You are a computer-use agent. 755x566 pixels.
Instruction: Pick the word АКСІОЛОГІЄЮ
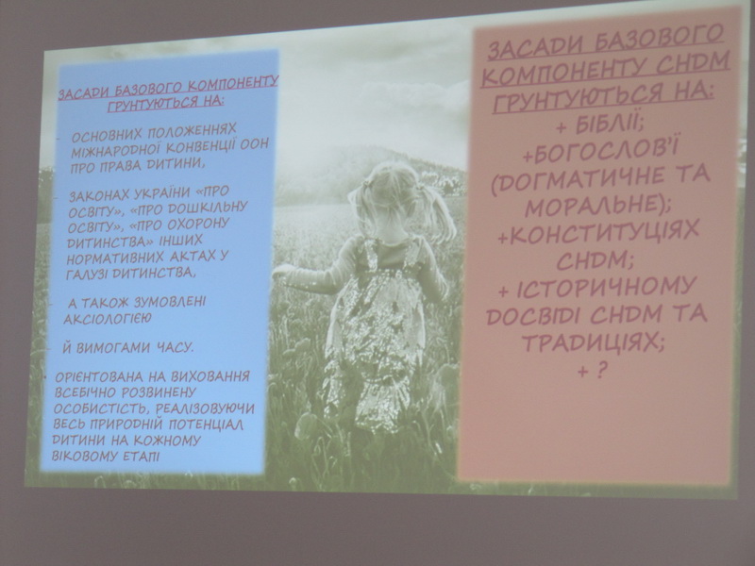(108, 318)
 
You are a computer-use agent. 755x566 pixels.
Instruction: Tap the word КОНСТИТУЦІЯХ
(604, 235)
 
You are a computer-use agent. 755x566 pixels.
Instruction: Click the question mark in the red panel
(601, 370)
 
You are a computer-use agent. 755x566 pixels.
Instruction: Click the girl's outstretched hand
(280, 273)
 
